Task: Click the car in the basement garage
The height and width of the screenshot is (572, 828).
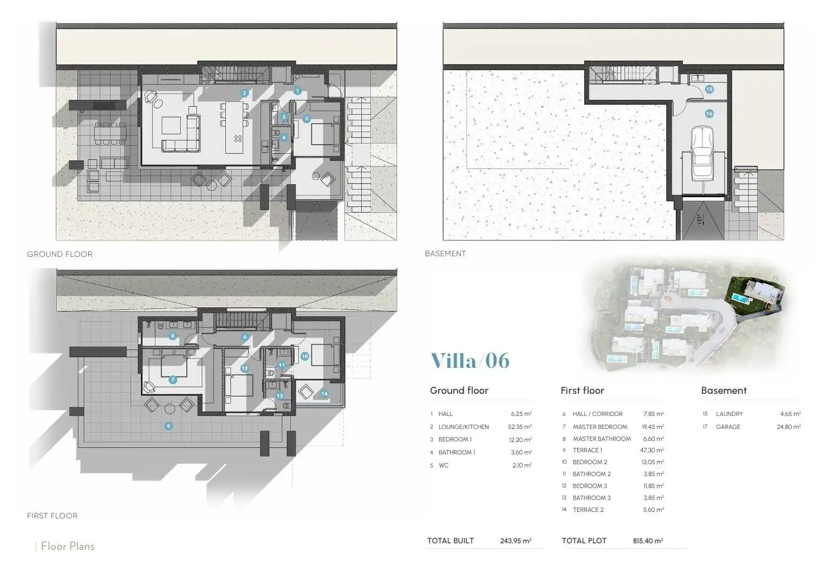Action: (702, 153)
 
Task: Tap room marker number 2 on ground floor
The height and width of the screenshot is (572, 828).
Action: (244, 93)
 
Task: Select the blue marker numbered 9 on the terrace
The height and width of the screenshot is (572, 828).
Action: (168, 426)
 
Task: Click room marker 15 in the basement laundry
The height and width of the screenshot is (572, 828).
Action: (709, 89)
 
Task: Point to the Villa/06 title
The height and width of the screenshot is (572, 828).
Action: (470, 361)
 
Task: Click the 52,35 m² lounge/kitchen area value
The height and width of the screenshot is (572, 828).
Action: (520, 427)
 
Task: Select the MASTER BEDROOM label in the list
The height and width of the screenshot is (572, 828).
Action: (600, 427)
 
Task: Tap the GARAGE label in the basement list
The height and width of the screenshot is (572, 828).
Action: (728, 427)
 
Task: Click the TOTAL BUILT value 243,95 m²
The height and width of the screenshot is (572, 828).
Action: (516, 541)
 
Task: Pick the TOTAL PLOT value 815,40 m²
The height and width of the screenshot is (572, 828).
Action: (648, 541)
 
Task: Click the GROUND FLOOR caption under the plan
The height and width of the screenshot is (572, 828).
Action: (60, 254)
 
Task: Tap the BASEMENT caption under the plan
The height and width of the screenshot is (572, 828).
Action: (446, 253)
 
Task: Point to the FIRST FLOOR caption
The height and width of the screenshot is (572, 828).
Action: (52, 516)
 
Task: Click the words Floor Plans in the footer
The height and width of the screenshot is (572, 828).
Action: (68, 546)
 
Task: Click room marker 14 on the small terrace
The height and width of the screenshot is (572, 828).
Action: (324, 394)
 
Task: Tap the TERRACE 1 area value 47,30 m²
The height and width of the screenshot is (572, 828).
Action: (652, 450)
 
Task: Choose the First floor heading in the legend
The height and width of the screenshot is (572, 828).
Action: (582, 391)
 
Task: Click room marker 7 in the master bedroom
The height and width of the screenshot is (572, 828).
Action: (173, 380)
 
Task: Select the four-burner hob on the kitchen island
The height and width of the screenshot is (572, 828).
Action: (238, 139)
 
